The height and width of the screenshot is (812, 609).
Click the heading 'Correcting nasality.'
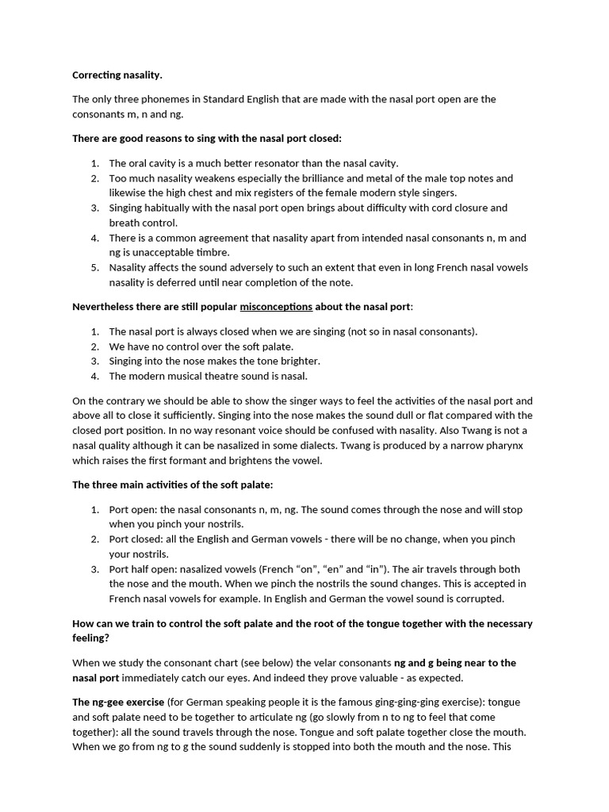coord(117,75)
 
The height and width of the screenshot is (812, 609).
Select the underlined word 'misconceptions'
coord(275,306)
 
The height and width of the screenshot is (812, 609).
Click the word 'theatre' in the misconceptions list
coord(225,376)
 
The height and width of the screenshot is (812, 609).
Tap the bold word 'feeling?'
coord(90,637)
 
